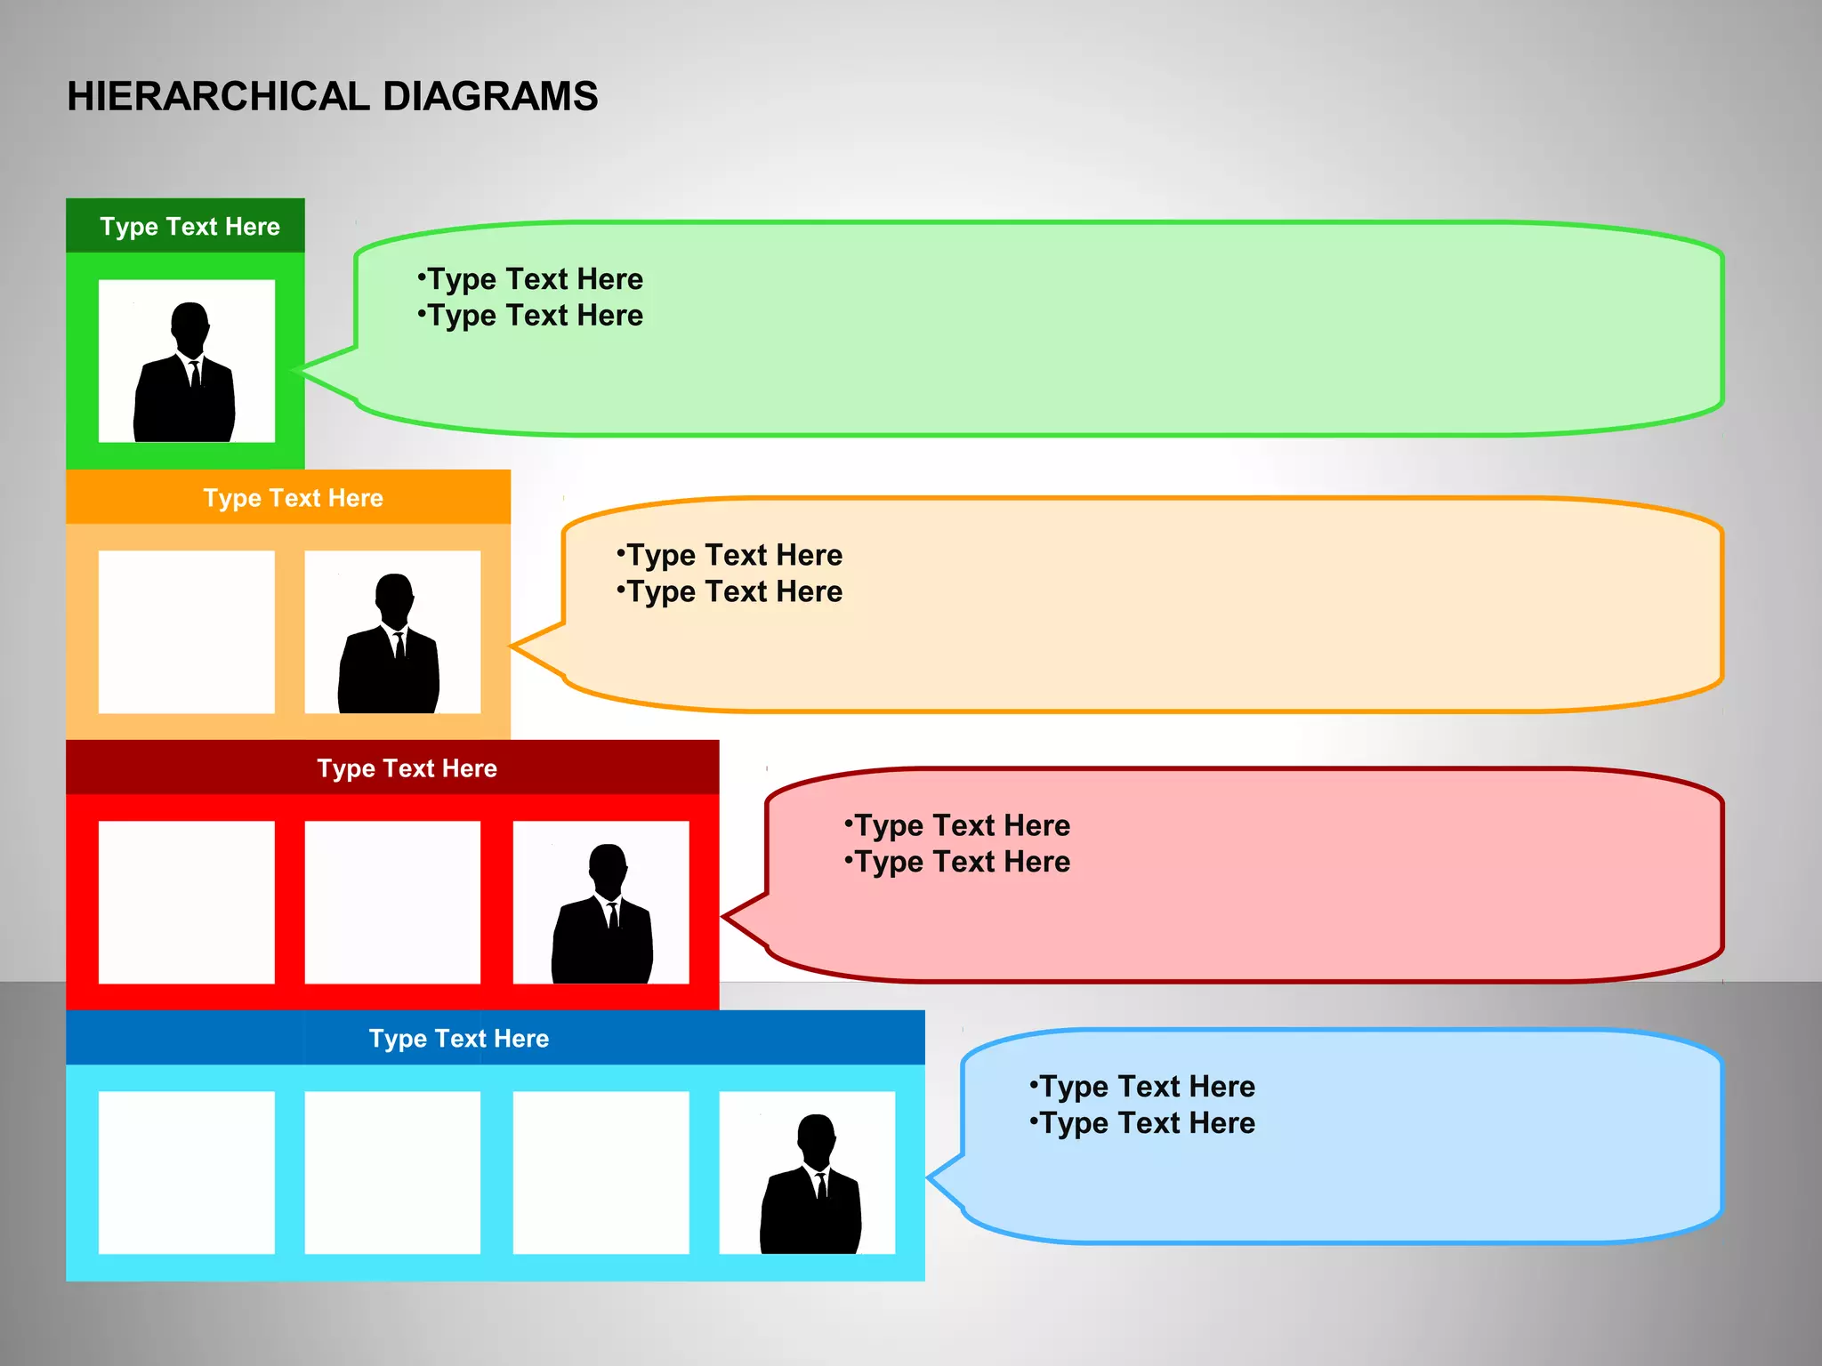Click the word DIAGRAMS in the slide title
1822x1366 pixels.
pos(490,96)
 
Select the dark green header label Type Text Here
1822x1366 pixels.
pos(189,227)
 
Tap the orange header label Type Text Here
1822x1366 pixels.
pos(293,498)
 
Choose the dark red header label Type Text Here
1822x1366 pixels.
pos(407,768)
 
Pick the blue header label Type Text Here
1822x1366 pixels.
pos(459,1039)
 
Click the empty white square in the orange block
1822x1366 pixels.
pos(186,632)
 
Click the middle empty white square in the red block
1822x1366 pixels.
pos(392,903)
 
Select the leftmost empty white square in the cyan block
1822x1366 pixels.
pos(186,1173)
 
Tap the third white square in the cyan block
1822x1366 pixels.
pos(601,1173)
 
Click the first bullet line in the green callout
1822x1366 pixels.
pos(531,279)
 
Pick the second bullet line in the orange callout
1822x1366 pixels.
pos(730,591)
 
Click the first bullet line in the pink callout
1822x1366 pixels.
pos(958,825)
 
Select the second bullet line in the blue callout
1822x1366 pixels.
pos(1143,1123)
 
